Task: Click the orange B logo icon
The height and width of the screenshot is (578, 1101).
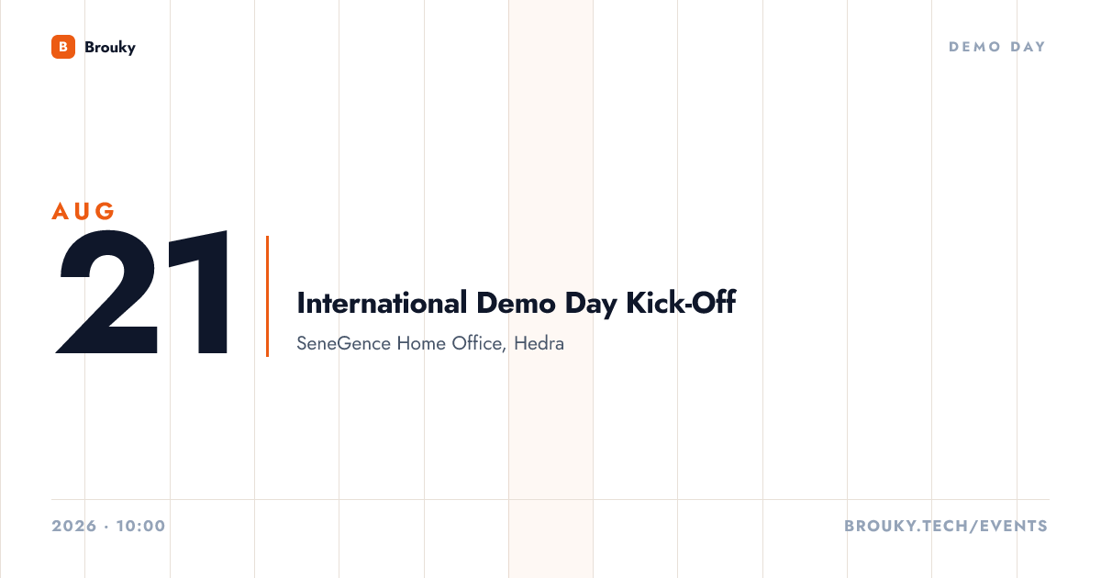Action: point(63,47)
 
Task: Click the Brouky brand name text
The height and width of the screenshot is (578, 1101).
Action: point(110,48)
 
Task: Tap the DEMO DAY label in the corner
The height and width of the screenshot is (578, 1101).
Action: point(996,47)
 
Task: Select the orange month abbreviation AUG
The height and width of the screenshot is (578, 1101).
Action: point(83,211)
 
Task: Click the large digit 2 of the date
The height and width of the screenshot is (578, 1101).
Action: point(107,292)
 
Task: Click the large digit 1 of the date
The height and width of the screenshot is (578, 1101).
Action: point(199,292)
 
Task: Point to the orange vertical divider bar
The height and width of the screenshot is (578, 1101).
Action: point(267,296)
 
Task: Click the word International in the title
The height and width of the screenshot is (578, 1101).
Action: point(382,303)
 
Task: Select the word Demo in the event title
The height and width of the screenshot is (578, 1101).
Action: point(516,303)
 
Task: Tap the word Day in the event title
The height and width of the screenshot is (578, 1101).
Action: point(591,305)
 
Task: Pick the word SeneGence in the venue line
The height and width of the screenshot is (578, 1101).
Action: point(343,343)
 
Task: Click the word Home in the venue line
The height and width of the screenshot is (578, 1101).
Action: point(421,343)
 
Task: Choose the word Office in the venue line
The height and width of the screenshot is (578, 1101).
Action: point(479,344)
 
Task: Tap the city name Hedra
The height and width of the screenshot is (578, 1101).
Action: point(539,343)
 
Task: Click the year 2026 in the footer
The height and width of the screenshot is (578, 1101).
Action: point(74,526)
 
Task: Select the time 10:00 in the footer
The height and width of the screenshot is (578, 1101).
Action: point(141,526)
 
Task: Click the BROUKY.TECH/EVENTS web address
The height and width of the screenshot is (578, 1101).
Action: point(946,526)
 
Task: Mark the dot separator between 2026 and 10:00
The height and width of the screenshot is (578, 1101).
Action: point(106,527)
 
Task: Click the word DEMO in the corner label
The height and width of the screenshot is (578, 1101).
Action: point(974,47)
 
